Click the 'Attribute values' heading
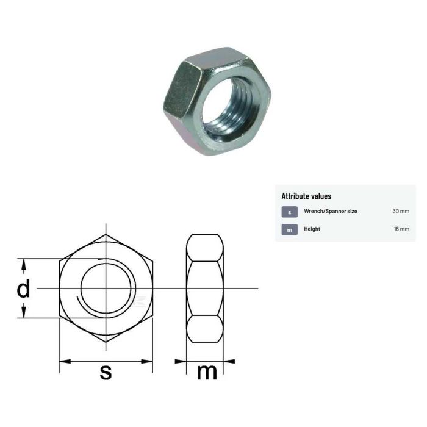pos(306,196)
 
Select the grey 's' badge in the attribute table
pos(289,212)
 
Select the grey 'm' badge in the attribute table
pos(289,229)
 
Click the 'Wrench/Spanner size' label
pos(331,212)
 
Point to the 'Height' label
pos(312,229)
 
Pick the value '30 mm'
pos(401,212)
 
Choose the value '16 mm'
pos(401,229)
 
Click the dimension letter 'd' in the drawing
pos(23,289)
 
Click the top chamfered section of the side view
pos(205,247)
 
